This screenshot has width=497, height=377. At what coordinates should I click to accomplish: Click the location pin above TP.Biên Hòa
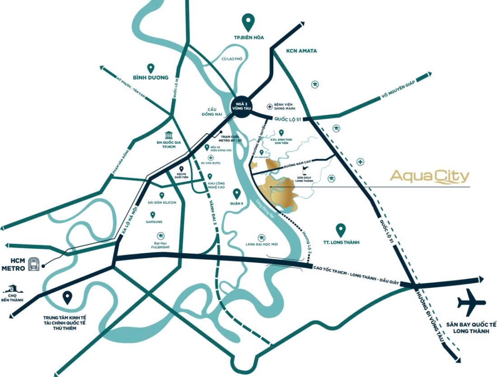click(x=248, y=21)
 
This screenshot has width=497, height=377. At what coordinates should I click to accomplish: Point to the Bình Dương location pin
click(x=150, y=68)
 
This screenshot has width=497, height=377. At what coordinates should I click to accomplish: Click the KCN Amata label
click(x=301, y=51)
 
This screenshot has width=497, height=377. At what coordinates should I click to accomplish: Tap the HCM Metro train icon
click(x=33, y=264)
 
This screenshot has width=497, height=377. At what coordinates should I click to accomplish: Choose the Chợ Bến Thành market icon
click(x=10, y=288)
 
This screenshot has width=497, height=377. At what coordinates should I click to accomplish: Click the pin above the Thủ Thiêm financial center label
click(x=67, y=297)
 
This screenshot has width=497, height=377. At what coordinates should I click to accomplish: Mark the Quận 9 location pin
click(x=236, y=194)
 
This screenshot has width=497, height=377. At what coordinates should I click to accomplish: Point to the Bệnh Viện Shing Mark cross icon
click(x=270, y=107)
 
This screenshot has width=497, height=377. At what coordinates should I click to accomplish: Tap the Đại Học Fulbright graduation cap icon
click(x=160, y=235)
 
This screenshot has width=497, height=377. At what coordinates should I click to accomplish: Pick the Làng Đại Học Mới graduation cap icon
click(x=261, y=237)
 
